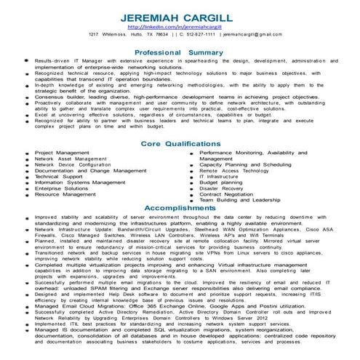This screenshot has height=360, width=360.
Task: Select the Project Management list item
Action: pos(62,153)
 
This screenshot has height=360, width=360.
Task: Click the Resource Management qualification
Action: pos(65,194)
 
